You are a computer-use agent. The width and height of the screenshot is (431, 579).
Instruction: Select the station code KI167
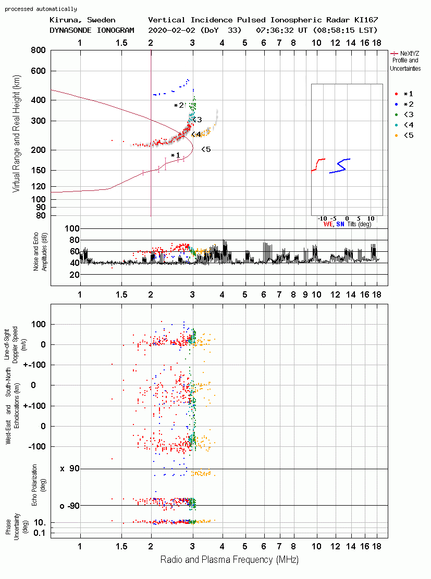[x=366, y=20]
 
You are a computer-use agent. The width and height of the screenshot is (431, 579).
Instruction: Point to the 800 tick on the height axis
[x=38, y=50]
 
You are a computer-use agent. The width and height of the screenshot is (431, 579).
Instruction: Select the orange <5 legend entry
[x=405, y=136]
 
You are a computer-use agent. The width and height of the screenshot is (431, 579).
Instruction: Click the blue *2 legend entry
[x=405, y=105]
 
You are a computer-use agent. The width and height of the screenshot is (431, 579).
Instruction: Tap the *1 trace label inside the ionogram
[x=175, y=155]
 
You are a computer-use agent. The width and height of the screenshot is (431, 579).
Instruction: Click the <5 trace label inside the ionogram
[x=206, y=149]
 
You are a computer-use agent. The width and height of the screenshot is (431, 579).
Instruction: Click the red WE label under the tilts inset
[x=328, y=224]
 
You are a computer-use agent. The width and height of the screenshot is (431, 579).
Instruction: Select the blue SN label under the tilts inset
[x=340, y=224]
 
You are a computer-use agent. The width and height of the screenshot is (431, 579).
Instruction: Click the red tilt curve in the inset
[x=318, y=165]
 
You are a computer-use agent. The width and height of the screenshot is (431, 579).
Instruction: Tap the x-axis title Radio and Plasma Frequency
[x=229, y=560]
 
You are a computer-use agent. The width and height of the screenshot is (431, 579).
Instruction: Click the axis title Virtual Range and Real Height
[x=16, y=134]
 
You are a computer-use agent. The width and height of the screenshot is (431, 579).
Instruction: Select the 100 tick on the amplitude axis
[x=72, y=228]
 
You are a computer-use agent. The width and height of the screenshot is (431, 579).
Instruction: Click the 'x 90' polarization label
[x=70, y=469]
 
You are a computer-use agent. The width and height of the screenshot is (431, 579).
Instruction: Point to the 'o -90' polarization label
[x=70, y=506]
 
